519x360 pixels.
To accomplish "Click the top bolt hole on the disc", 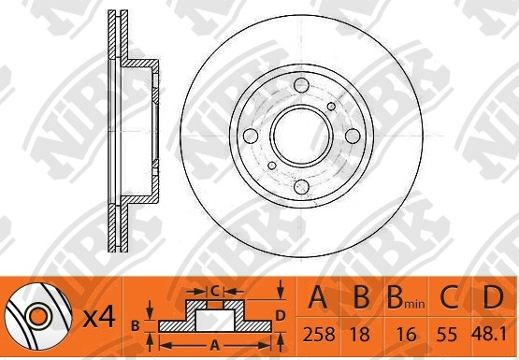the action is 301,85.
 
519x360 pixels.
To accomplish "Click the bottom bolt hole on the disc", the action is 301,187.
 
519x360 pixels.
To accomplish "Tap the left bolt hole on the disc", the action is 251,136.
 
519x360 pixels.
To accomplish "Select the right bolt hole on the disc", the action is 353,136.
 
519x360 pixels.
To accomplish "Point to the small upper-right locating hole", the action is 331,107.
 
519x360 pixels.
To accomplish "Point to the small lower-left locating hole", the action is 272,166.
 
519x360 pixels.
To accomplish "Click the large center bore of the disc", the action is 301,136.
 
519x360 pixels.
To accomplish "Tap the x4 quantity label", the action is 99,318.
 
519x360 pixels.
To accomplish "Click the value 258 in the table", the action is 319,334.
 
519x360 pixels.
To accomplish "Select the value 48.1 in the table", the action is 489,334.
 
